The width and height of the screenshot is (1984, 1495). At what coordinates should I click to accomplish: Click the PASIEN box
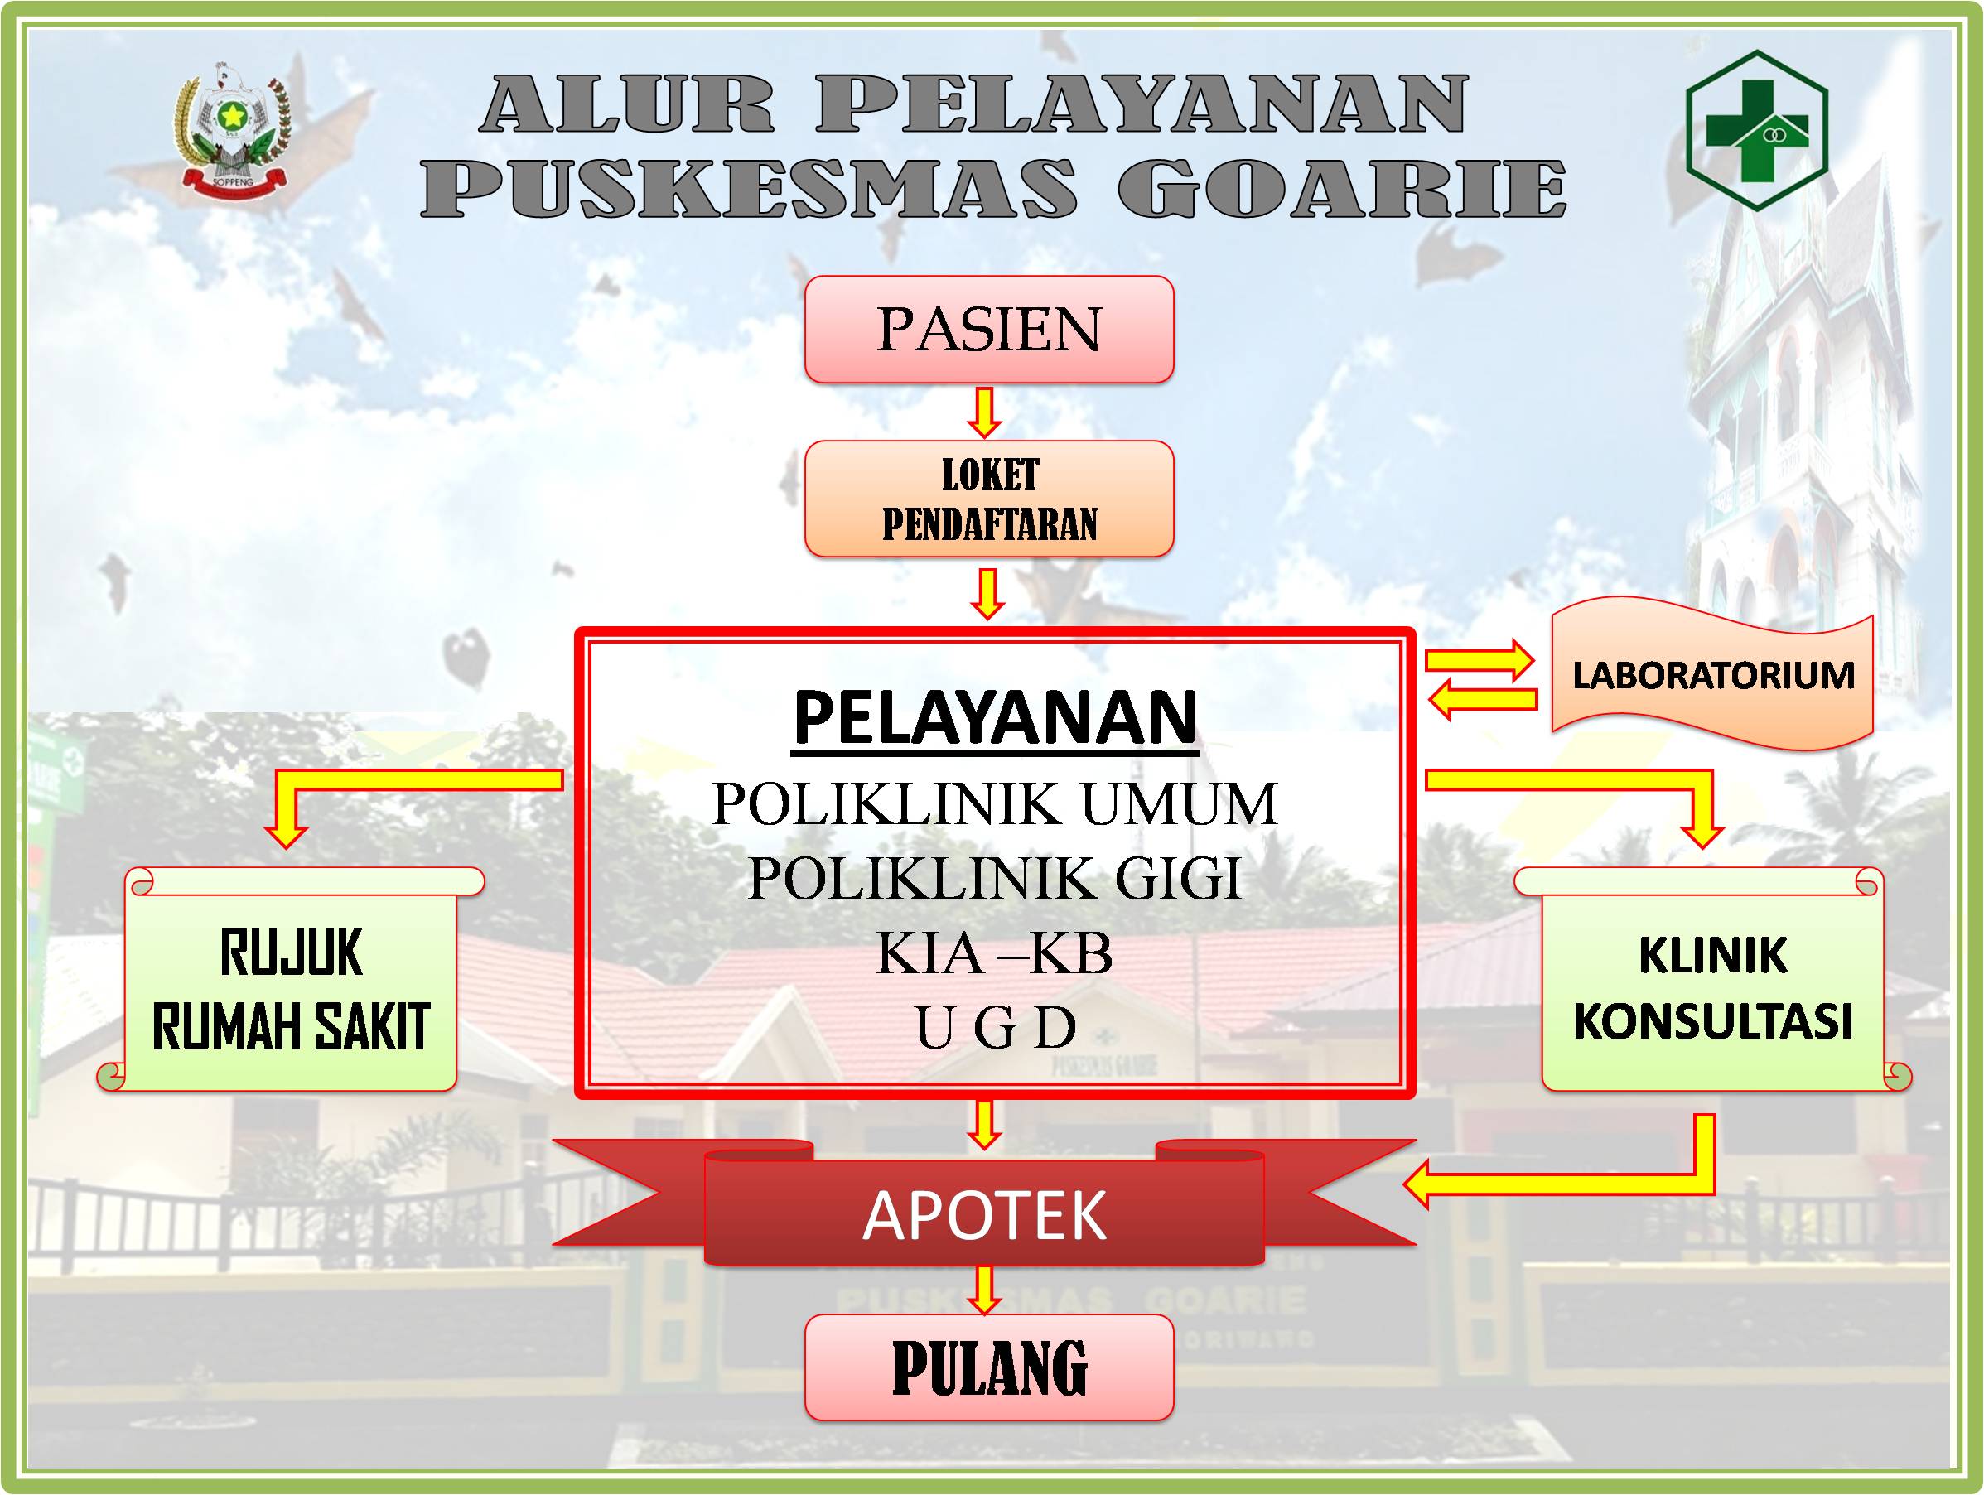[988, 329]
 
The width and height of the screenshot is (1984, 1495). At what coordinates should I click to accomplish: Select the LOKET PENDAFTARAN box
[988, 499]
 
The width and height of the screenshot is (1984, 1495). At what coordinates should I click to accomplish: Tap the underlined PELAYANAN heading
[996, 718]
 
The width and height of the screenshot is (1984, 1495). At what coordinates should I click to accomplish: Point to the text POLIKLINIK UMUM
[995, 803]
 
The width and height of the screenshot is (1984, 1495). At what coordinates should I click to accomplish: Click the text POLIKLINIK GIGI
[995, 878]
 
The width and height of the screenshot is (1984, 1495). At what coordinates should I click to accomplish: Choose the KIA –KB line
[995, 952]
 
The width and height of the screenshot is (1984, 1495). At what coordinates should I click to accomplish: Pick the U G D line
[995, 1027]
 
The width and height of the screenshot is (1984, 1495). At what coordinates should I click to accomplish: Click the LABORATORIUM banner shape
[1712, 674]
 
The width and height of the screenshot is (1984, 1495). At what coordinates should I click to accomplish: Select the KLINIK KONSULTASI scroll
[1713, 979]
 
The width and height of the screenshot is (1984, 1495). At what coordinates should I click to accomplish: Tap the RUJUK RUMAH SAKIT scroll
[292, 979]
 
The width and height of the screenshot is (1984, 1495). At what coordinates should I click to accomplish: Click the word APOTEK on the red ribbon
[985, 1215]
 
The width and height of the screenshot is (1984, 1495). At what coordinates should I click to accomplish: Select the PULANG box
[988, 1367]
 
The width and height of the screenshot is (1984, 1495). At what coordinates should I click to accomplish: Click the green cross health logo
[1757, 130]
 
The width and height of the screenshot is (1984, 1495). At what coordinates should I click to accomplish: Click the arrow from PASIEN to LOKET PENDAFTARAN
[985, 412]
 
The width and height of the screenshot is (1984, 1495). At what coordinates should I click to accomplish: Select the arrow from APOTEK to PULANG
[985, 1290]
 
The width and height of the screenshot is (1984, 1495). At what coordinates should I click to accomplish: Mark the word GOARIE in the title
[1342, 187]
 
